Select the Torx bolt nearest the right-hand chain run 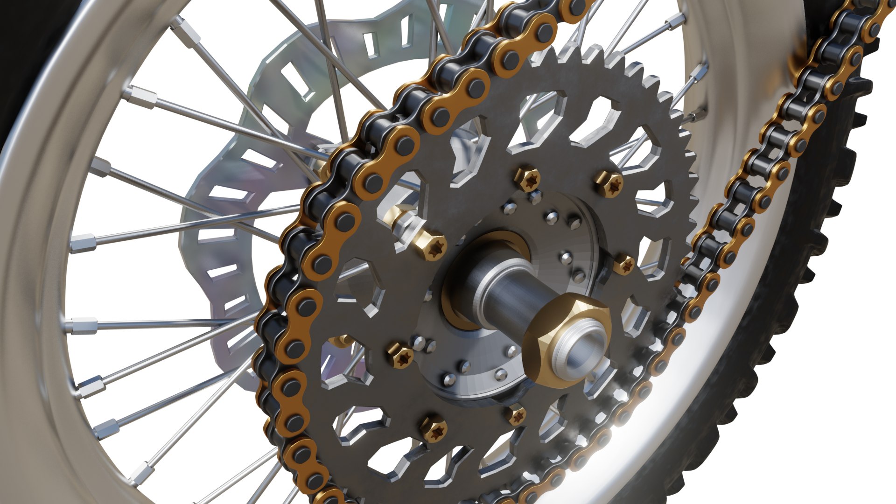[623, 265]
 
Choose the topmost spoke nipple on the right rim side [675, 20]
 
